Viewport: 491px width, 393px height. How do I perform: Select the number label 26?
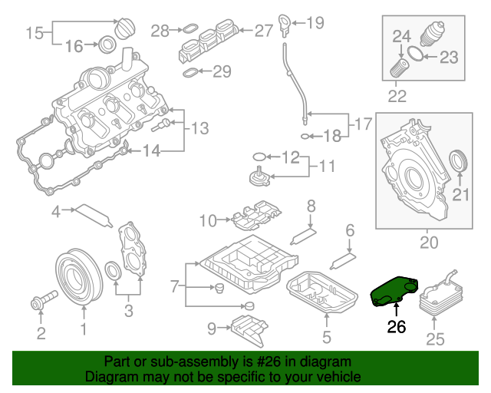click(x=396, y=326)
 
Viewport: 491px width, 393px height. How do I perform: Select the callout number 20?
click(x=429, y=243)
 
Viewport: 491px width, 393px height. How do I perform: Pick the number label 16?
click(x=74, y=47)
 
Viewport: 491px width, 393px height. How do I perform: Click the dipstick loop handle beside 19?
click(x=285, y=20)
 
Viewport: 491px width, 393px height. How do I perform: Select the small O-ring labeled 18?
click(x=307, y=137)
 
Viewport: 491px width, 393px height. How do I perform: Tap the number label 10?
click(x=209, y=221)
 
